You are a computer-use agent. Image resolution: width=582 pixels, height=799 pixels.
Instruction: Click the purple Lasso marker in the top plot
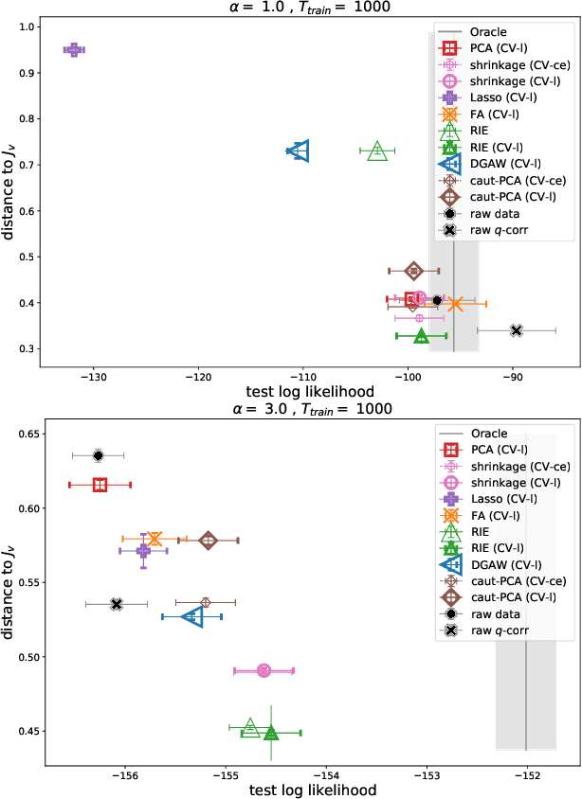(74, 49)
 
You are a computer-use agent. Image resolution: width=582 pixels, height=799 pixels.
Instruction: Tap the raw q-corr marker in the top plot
(516, 330)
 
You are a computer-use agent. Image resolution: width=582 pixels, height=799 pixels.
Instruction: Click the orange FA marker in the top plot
(455, 304)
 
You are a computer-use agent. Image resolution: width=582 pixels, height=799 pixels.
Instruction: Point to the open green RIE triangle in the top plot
(377, 151)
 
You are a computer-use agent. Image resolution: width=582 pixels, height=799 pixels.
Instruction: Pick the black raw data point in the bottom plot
(98, 455)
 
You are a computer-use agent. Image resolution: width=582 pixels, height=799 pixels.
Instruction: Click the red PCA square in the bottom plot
(100, 485)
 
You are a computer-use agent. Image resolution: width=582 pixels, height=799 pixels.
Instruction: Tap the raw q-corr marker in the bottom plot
(117, 604)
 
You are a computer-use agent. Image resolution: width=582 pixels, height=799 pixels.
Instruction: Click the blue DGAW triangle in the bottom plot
(193, 616)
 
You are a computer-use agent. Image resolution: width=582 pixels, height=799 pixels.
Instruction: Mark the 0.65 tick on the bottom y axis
(34, 435)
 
